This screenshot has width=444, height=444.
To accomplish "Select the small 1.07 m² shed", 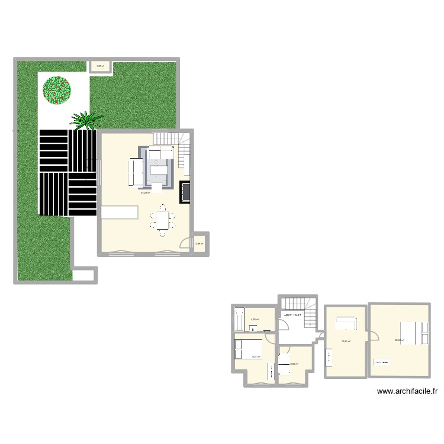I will tap(101, 66).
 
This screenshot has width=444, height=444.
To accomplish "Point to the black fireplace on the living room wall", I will tap(185, 192).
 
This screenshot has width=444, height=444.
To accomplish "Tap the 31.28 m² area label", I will tap(145, 192).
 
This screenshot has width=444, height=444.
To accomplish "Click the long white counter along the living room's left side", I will tap(120, 212).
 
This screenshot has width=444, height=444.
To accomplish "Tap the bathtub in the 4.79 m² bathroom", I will tap(239, 320).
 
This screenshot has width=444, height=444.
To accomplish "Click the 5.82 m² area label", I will tap(293, 364).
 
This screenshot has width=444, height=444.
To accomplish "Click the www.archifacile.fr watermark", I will tap(406, 391).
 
